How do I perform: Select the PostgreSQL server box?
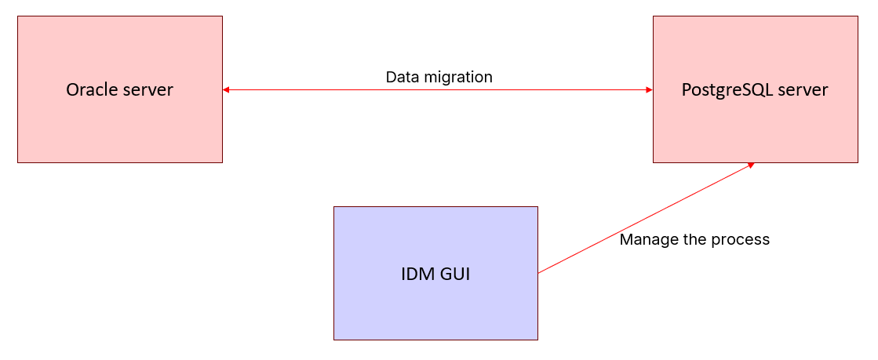755,125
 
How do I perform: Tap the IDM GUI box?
435,306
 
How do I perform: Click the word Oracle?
91,90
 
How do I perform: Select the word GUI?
456,275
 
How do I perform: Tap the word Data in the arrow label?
403,77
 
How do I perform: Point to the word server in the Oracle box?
148,90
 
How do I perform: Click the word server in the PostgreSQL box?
803,90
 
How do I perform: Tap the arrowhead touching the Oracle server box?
226,90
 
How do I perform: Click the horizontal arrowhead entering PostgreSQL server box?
649,90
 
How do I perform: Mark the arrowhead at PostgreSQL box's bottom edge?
750,165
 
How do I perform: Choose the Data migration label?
439,77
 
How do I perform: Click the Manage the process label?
694,239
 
